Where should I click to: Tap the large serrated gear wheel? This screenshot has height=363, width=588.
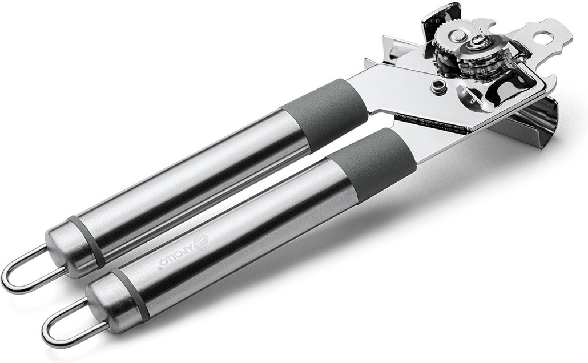(457, 37)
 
